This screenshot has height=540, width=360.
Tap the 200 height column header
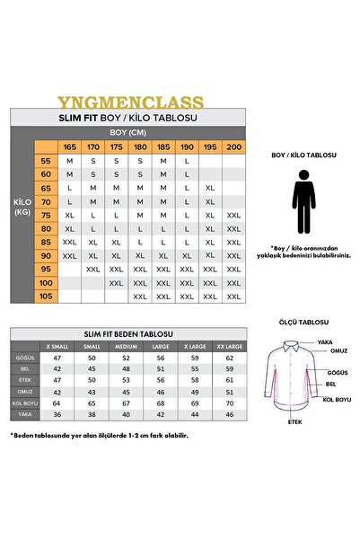233,146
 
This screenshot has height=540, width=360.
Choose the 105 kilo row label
46,296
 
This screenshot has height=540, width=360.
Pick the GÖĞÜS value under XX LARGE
231,358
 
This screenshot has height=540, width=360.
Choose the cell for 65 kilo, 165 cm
69,188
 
